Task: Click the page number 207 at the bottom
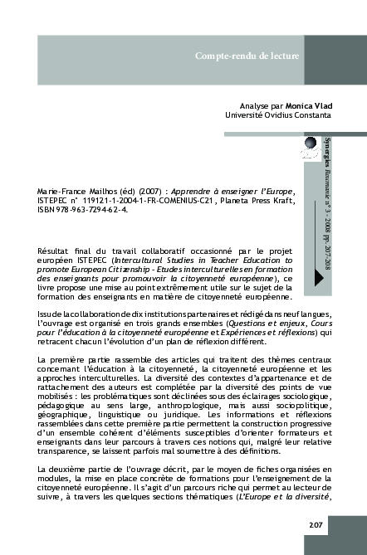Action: coord(316,523)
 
